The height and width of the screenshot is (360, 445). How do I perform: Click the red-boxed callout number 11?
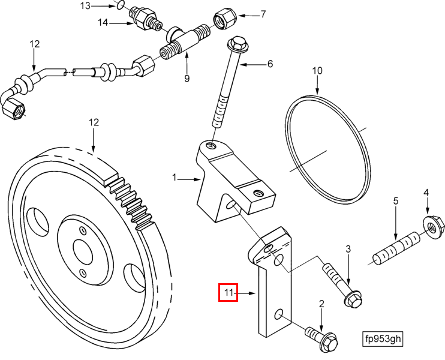pos(228,292)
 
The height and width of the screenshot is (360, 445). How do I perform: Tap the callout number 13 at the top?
pos(85,5)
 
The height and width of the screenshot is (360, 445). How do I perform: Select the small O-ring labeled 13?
pos(121,5)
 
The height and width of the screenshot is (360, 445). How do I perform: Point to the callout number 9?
pos(187,78)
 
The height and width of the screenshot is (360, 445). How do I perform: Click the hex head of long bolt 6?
pos(237,44)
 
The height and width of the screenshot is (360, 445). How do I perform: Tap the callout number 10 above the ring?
pos(317,70)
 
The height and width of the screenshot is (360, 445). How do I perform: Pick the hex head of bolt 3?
pos(353,299)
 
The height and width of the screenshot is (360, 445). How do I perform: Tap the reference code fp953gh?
pos(383,339)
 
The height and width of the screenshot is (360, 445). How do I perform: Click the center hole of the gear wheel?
pos(83,249)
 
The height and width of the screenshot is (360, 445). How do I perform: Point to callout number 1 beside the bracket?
pos(175,178)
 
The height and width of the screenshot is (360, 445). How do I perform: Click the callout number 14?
pos(103,22)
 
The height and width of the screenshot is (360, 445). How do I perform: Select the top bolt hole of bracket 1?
pos(211,146)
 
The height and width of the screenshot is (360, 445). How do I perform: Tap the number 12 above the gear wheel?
pos(94,122)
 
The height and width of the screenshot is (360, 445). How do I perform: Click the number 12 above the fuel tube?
pos(34,44)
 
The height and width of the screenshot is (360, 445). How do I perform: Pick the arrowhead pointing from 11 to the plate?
pos(252,293)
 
